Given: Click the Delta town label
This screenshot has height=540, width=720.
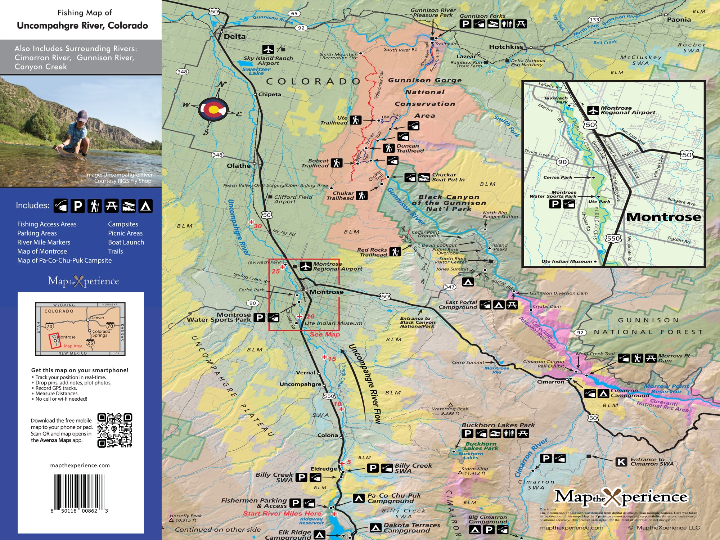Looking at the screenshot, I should [234, 36].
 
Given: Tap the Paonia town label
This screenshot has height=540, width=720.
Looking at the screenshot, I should [679, 20].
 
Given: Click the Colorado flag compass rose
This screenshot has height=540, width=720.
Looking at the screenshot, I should [213, 109].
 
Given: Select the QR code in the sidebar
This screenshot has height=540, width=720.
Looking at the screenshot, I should [115, 430].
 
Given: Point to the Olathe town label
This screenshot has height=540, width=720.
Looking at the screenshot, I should [238, 166].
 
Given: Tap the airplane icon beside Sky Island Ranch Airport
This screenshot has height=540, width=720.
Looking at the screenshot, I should [268, 49].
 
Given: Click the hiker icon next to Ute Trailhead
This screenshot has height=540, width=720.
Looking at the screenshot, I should [356, 120].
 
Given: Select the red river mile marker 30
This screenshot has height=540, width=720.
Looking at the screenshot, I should [257, 226].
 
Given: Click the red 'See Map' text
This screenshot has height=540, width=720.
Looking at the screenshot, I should [325, 334].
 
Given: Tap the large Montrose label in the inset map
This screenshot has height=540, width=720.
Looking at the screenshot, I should [663, 217].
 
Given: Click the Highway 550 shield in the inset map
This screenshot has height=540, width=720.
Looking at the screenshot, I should [613, 238].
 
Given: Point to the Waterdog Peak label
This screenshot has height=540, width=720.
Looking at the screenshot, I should [450, 409].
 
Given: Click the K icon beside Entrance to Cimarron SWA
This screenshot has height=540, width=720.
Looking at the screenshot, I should [621, 462].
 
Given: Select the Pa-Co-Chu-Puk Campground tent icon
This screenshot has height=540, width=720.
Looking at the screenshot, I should [359, 498].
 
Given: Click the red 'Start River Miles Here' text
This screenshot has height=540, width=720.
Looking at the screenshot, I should [282, 513].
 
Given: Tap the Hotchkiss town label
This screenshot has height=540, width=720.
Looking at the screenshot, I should [505, 47].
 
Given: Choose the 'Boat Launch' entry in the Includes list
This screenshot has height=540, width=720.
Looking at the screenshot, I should [126, 242].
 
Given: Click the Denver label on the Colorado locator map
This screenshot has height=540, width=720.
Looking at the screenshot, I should [97, 318].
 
